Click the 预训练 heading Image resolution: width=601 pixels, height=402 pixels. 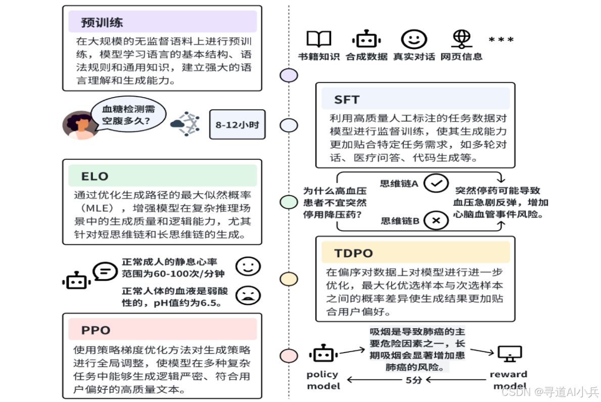[x=102, y=23]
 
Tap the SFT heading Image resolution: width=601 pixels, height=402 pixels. [x=346, y=99]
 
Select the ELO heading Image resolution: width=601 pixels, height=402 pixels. [x=95, y=176]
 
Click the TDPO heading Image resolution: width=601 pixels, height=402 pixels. [x=353, y=253]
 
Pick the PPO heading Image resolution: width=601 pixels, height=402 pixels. [x=96, y=330]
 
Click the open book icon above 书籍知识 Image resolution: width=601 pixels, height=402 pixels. [x=319, y=39]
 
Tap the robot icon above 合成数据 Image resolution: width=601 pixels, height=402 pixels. [x=366, y=39]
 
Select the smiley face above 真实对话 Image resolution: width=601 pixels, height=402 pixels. [x=413, y=39]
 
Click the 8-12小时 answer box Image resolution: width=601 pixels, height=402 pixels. [x=237, y=123]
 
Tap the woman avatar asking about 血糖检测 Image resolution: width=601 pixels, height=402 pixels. [x=78, y=125]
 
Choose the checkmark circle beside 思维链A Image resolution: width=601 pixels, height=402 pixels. [x=436, y=184]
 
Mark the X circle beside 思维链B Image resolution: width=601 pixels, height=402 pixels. [x=436, y=220]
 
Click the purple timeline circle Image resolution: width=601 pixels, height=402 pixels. [x=289, y=75]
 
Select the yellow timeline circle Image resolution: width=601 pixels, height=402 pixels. [x=289, y=279]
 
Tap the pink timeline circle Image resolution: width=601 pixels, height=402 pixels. [x=289, y=356]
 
